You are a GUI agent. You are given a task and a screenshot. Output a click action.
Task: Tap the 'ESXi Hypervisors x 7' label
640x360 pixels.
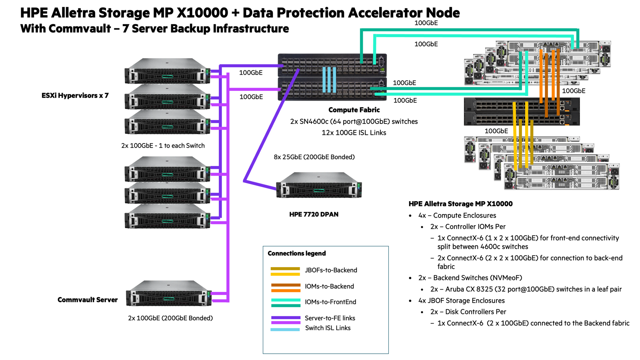pyautogui.click(x=75, y=96)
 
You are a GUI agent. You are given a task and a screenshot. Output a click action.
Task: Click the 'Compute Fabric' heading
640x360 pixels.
pyautogui.click(x=354, y=110)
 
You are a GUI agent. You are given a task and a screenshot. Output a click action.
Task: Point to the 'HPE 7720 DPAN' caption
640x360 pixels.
pyautogui.click(x=314, y=214)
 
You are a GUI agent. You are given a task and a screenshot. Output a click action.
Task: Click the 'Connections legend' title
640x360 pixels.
pyautogui.click(x=296, y=253)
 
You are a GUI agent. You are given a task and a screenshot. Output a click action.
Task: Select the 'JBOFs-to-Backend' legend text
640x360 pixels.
pyautogui.click(x=331, y=270)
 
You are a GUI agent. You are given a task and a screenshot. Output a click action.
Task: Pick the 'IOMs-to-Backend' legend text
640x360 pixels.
pyautogui.click(x=329, y=286)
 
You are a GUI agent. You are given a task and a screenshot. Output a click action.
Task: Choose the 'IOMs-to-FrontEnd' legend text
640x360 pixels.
pyautogui.click(x=330, y=302)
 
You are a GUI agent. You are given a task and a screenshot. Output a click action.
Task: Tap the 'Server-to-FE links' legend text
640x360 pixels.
pyautogui.click(x=330, y=318)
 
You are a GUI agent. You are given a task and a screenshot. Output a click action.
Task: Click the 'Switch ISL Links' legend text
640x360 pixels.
pyautogui.click(x=328, y=328)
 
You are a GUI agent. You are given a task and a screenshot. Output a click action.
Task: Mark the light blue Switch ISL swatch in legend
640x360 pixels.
pyautogui.click(x=285, y=330)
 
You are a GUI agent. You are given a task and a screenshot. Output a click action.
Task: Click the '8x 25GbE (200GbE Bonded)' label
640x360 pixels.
pyautogui.click(x=314, y=157)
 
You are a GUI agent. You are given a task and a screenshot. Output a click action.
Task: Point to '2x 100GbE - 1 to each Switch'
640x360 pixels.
pyautogui.click(x=163, y=146)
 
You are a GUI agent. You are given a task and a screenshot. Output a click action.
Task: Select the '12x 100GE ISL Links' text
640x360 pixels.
pyautogui.click(x=354, y=133)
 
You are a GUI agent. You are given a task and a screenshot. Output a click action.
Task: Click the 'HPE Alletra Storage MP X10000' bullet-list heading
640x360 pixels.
pyautogui.click(x=460, y=204)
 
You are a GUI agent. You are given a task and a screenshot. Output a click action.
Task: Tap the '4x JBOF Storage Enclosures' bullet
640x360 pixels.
pyautogui.click(x=461, y=301)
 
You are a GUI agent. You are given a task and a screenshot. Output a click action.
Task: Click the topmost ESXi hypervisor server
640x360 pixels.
pyautogui.click(x=167, y=71)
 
